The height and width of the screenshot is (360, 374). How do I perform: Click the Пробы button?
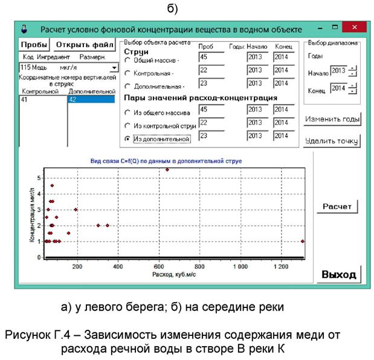34,45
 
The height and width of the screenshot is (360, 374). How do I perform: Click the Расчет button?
337,206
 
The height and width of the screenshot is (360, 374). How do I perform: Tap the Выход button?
338,274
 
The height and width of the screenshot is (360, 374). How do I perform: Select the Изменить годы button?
333,119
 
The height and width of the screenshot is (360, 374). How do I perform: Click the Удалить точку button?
333,142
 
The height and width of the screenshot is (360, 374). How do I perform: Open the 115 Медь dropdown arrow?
115,68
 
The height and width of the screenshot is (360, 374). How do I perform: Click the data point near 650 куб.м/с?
167,170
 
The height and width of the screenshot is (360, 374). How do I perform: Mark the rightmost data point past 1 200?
302,241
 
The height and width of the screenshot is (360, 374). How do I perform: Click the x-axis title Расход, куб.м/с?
174,274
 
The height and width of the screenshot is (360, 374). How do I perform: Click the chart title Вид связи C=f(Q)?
175,161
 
